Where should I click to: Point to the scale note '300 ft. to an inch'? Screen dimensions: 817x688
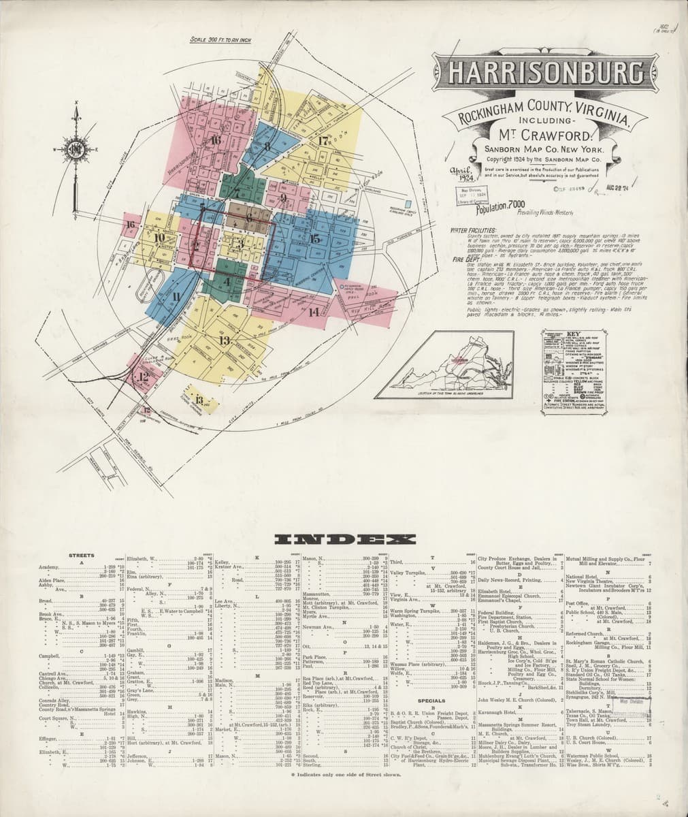[x=220, y=40]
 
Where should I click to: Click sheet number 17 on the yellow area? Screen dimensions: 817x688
[x=323, y=141]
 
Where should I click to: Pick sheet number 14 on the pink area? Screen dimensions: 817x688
[x=313, y=312]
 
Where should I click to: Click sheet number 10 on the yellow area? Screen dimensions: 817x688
[x=160, y=238]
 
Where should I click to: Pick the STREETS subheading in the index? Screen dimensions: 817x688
[x=82, y=556]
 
